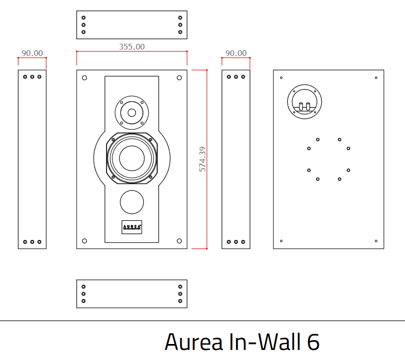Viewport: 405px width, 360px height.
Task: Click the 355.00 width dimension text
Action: pos(132,46)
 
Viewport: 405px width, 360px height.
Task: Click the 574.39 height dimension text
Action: pos(203,158)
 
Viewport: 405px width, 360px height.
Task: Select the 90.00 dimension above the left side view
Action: pos(32,53)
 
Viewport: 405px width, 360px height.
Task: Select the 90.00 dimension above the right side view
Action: pos(236,53)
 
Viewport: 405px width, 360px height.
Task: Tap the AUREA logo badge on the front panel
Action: pos(132,226)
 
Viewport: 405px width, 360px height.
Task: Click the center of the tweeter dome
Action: pos(131,113)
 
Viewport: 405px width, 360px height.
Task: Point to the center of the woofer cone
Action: pos(132,158)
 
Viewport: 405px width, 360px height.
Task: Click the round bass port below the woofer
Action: pos(132,203)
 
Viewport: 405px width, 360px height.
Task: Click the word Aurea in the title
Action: pos(193,342)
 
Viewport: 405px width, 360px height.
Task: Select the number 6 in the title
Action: pos(313,342)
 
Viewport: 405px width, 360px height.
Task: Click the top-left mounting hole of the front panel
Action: pos(84,78)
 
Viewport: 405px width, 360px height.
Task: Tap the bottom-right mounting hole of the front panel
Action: pos(179,241)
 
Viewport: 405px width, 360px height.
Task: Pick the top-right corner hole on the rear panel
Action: pos(376,78)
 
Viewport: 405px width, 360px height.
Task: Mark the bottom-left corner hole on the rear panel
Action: pos(281,241)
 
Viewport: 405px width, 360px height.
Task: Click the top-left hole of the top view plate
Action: pos(84,18)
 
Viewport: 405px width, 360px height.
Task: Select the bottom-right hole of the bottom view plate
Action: pos(180,301)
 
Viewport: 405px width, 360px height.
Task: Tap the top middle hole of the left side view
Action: pos(32,77)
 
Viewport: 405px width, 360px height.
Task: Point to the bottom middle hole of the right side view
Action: pos(236,242)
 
